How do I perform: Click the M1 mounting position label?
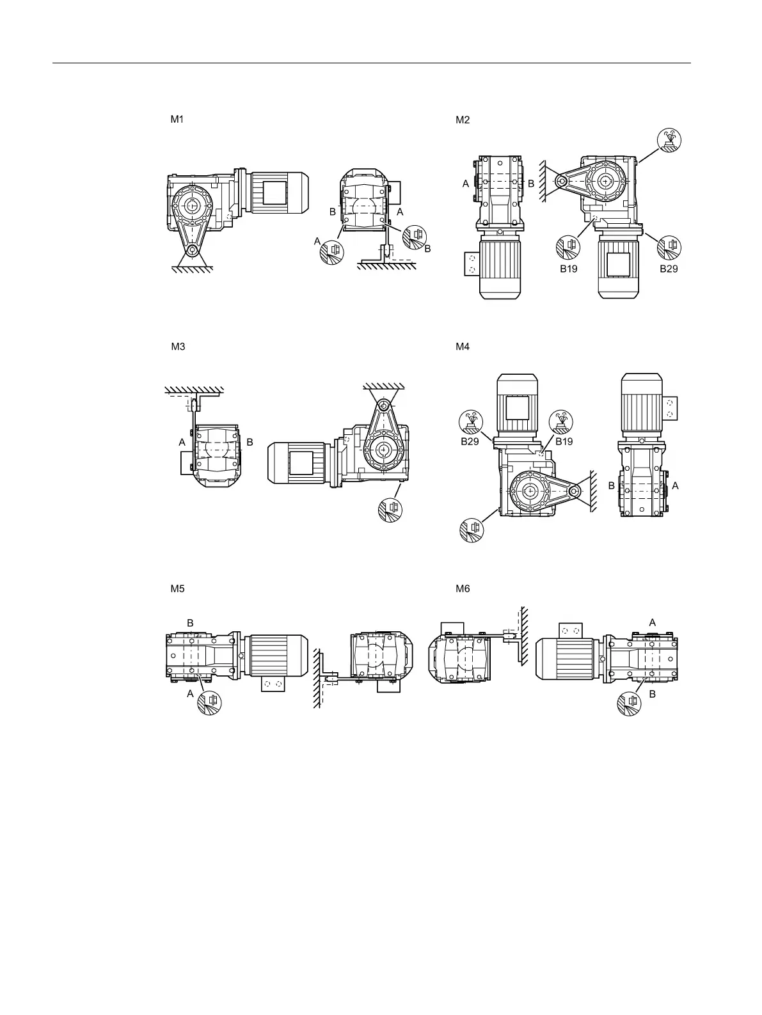pos(177,119)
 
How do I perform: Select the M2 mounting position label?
pos(463,120)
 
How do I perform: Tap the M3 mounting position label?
pos(178,347)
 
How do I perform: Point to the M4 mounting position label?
pos(463,347)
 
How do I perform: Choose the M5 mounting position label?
pos(177,589)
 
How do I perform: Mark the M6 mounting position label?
pos(463,589)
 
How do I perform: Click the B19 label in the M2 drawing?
pos(569,269)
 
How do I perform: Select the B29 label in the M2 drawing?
pos(669,269)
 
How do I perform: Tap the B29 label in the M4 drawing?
pos(470,441)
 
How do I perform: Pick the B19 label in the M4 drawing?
pos(564,441)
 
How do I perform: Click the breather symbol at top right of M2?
pos(670,140)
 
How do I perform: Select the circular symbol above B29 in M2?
pos(670,247)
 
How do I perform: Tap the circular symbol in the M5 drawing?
pos(210,702)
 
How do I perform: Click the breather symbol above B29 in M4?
pos(472,421)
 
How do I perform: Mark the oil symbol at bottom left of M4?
pos(473,530)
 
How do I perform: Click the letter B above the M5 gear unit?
pos(190,622)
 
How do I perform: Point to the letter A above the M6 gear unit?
pos(652,622)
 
